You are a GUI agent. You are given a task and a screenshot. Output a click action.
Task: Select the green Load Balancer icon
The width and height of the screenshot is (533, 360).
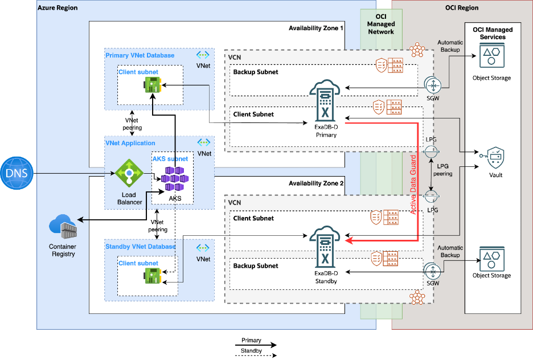[x=129, y=173]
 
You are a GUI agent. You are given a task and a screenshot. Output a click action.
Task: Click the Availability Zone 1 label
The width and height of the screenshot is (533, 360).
[x=316, y=28]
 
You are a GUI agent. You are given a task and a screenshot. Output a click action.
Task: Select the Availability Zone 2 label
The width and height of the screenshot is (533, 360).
[x=316, y=183]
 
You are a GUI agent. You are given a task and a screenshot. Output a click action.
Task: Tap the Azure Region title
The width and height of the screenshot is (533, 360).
[x=58, y=8]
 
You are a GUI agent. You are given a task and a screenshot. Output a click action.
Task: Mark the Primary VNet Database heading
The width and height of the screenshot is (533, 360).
[x=140, y=55]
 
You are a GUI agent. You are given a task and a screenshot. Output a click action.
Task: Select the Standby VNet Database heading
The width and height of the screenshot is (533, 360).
[x=140, y=247]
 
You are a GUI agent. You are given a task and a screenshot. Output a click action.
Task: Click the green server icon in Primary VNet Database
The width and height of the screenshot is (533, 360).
[x=152, y=86]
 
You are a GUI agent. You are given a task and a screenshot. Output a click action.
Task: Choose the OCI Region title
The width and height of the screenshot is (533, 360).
[x=461, y=8]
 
